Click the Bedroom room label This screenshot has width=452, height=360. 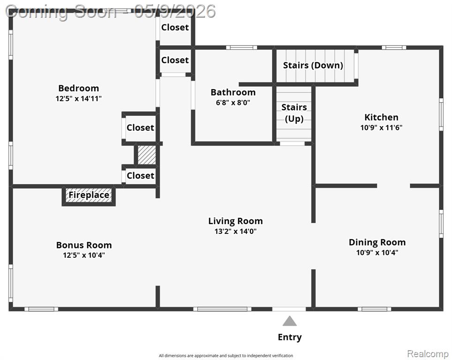[78, 88]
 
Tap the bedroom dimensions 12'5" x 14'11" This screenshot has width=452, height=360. [78, 98]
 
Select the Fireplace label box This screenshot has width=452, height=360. [89, 195]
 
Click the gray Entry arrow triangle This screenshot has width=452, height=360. [289, 321]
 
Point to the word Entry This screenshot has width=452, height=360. [289, 337]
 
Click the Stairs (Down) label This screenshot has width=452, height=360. [313, 66]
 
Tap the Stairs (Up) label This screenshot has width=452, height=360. [294, 112]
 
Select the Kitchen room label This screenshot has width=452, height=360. [381, 117]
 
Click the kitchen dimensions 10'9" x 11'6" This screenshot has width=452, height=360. [381, 127]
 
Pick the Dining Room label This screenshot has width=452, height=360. [377, 242]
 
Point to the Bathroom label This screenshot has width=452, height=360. [233, 92]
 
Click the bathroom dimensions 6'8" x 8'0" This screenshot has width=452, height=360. [233, 102]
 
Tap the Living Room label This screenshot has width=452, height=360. [235, 221]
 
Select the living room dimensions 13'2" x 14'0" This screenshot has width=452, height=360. [235, 231]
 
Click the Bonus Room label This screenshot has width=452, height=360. [84, 245]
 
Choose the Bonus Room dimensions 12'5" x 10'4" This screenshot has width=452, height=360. [84, 255]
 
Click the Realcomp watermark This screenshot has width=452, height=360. [428, 353]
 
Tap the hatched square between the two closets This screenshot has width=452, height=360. [147, 155]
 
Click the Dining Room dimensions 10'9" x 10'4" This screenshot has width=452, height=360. [377, 253]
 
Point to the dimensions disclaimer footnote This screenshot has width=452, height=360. [226, 356]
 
